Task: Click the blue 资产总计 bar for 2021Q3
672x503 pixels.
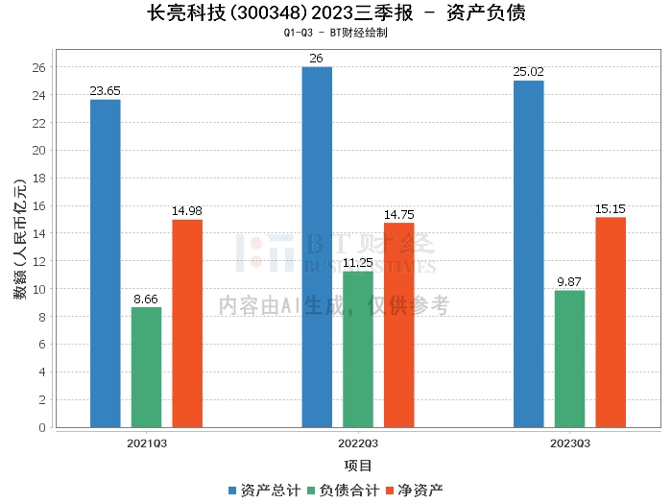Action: pyautogui.click(x=105, y=263)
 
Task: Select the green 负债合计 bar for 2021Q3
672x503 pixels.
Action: pyautogui.click(x=146, y=367)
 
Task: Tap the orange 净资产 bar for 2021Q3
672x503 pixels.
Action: pyautogui.click(x=187, y=323)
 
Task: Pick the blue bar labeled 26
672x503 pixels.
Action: pyautogui.click(x=317, y=247)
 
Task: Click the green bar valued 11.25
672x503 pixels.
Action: pyautogui.click(x=358, y=349)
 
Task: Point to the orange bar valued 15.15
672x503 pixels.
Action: pyautogui.click(x=611, y=323)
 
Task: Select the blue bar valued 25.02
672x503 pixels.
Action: pyautogui.click(x=528, y=253)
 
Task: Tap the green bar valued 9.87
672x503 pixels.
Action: pyautogui.click(x=569, y=359)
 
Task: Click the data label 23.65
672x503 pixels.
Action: pyautogui.click(x=105, y=91)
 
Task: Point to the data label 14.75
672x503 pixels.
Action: pyautogui.click(x=399, y=215)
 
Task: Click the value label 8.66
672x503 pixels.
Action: pyautogui.click(x=146, y=299)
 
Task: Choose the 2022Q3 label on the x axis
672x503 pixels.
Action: pyautogui.click(x=357, y=443)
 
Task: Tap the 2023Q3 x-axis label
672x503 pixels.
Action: pyautogui.click(x=569, y=443)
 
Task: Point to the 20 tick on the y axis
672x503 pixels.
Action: pyautogui.click(x=39, y=151)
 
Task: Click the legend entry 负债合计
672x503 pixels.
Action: pyautogui.click(x=342, y=490)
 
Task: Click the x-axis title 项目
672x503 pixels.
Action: pyautogui.click(x=357, y=466)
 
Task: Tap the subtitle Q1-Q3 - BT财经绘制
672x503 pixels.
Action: pyautogui.click(x=336, y=33)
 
